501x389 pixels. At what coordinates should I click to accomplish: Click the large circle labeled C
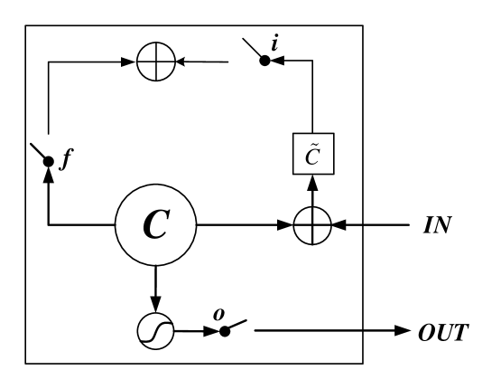pyautogui.click(x=155, y=224)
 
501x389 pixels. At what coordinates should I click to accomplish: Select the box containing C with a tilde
pyautogui.click(x=312, y=155)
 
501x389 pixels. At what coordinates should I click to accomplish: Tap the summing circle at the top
pyautogui.click(x=155, y=62)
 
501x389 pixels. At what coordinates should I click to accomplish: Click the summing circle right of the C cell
pyautogui.click(x=312, y=224)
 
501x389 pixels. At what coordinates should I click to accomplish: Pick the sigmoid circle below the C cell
pyautogui.click(x=155, y=331)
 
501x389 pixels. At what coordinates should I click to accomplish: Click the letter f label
pyautogui.click(x=64, y=163)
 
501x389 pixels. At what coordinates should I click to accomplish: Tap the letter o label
pyautogui.click(x=218, y=313)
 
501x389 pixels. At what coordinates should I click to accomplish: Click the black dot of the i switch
pyautogui.click(x=265, y=62)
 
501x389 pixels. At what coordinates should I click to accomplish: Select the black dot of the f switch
pyautogui.click(x=48, y=162)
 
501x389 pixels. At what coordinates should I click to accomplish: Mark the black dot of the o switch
pyautogui.click(x=225, y=331)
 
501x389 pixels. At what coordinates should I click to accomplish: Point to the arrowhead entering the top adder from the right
pyautogui.click(x=181, y=62)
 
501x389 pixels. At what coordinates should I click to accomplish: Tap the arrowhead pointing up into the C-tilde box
pyautogui.click(x=312, y=181)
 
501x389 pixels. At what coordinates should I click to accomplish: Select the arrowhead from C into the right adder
pyautogui.click(x=287, y=224)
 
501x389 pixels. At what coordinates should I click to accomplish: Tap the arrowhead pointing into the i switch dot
pyautogui.click(x=277, y=62)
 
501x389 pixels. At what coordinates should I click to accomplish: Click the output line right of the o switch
pyautogui.click(x=307, y=331)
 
